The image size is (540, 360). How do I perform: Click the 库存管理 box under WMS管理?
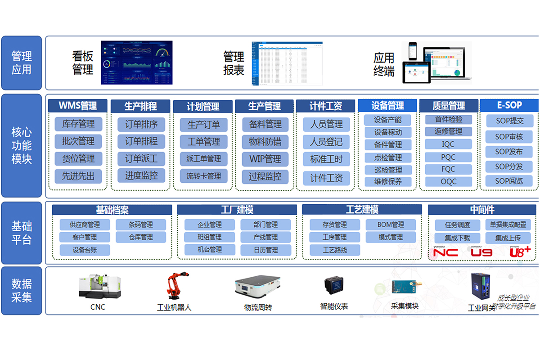click(x=78, y=124)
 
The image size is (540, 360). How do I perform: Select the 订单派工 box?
click(x=141, y=158)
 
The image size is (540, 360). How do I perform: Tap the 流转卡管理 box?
click(x=203, y=175)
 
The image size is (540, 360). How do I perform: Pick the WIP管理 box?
click(x=265, y=159)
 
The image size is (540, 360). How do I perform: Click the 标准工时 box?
click(x=326, y=159)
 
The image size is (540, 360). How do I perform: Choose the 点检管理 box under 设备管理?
click(x=388, y=157)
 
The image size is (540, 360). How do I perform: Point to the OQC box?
click(x=448, y=182)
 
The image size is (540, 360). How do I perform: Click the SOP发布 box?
click(x=509, y=152)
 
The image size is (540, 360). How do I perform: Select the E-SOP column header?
click(x=509, y=105)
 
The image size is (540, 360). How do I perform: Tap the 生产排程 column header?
click(x=140, y=106)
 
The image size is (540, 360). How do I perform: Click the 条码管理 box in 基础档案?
click(x=141, y=225)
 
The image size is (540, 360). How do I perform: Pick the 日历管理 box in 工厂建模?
click(x=265, y=250)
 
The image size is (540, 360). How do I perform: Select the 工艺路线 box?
click(x=335, y=250)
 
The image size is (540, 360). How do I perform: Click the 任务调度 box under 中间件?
click(x=457, y=225)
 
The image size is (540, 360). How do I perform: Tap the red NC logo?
click(x=445, y=252)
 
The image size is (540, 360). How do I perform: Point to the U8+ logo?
click(x=520, y=252)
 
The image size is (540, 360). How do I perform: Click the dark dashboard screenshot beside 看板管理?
click(x=137, y=63)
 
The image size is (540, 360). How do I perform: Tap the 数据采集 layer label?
click(x=22, y=291)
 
